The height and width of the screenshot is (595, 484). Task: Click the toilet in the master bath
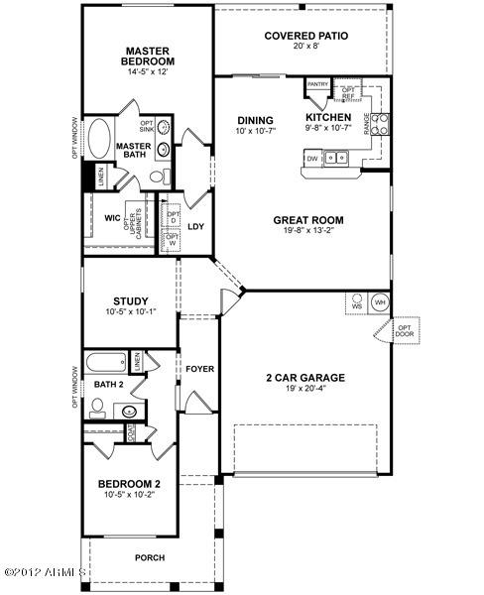click(x=156, y=177)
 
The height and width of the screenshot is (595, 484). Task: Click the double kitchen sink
click(x=339, y=157)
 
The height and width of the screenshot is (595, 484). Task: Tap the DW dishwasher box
click(x=312, y=158)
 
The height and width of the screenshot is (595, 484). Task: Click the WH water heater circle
click(x=379, y=302)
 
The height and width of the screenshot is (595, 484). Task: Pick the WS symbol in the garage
click(x=355, y=302)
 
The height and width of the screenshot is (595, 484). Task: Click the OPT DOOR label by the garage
click(x=405, y=331)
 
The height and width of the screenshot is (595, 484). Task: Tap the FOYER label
click(x=199, y=369)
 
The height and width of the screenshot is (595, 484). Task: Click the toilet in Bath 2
click(x=97, y=405)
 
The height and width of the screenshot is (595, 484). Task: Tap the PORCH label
click(x=150, y=556)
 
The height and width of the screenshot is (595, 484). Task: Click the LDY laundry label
click(x=195, y=225)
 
